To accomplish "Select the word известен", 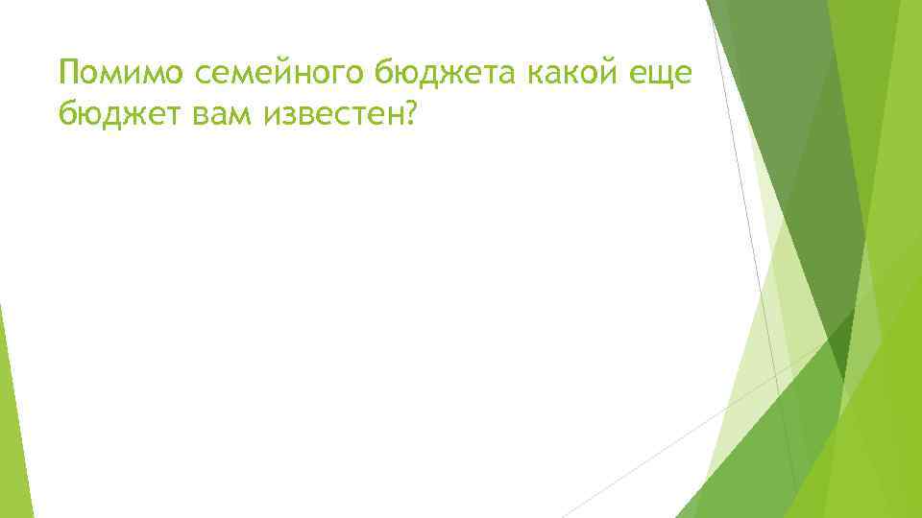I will (330, 116).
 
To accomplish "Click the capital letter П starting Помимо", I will (68, 72).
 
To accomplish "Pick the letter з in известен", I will (289, 117).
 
